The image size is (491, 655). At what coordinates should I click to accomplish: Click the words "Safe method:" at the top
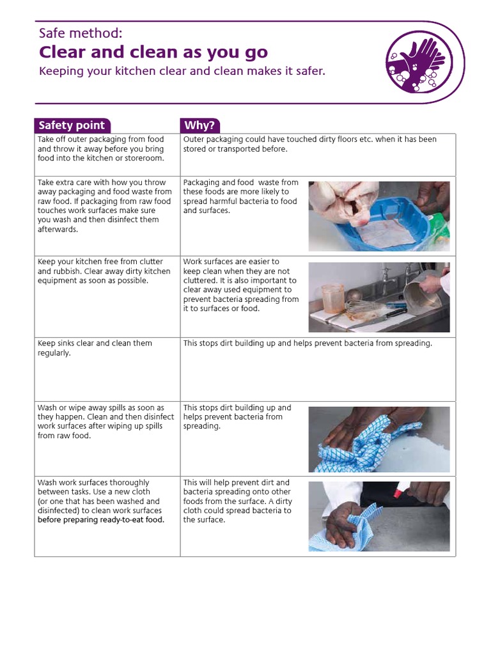click(x=80, y=34)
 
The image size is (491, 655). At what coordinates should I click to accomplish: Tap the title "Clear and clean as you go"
click(x=153, y=52)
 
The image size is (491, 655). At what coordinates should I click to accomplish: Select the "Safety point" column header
click(x=72, y=125)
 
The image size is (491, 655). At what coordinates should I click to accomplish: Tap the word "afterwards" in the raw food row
click(x=57, y=229)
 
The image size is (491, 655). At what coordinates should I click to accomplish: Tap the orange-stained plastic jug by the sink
click(x=333, y=297)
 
